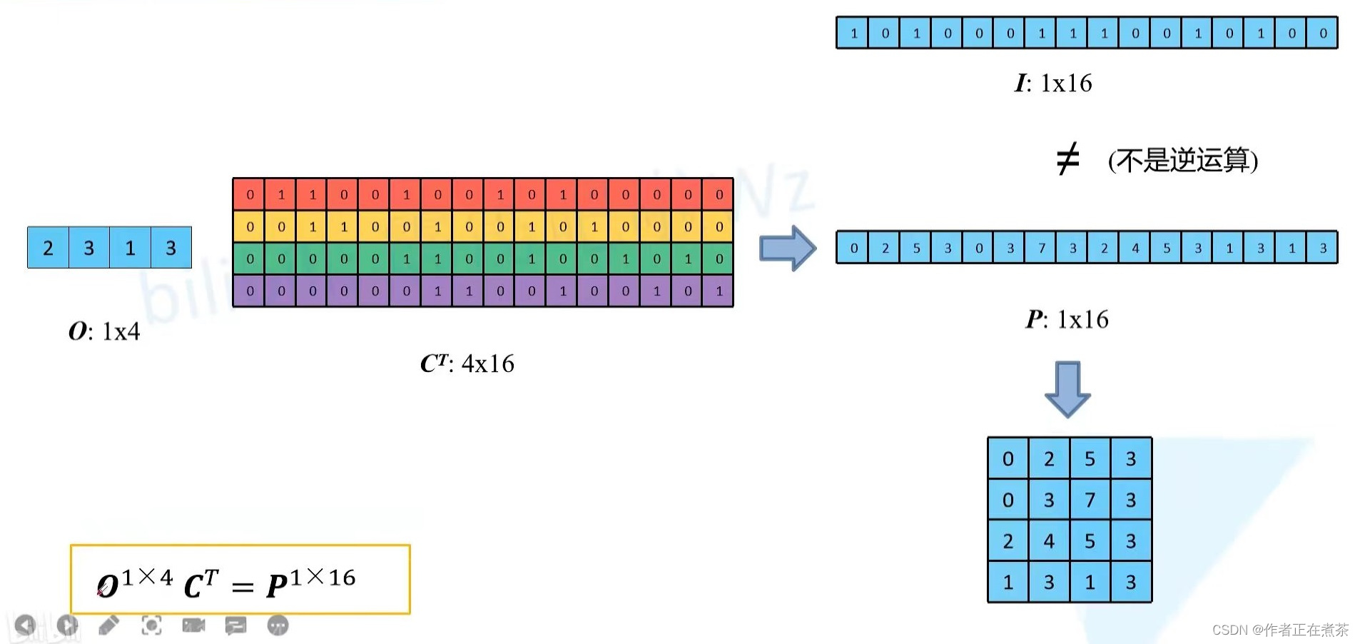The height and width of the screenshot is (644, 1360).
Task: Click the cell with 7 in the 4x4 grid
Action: [x=1090, y=500]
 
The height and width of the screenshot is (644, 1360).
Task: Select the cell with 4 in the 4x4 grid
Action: [x=1049, y=541]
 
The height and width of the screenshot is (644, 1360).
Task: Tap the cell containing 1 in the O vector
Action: [x=130, y=248]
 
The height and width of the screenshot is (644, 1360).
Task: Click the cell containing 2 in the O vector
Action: [x=48, y=248]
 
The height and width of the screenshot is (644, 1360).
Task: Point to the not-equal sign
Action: [x=1067, y=159]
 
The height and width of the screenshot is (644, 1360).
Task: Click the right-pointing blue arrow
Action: [x=788, y=248]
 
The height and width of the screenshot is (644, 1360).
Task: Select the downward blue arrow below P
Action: [x=1067, y=388]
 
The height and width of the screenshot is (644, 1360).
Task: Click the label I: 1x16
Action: [x=1053, y=84]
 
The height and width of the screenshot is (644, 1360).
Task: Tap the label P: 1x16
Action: [x=1067, y=319]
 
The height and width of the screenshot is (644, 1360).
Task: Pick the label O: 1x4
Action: [x=104, y=331]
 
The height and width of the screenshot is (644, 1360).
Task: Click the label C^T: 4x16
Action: [x=467, y=363]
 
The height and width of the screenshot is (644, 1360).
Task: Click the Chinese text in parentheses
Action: [x=1183, y=160]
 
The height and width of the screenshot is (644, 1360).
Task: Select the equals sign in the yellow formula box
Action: [x=243, y=588]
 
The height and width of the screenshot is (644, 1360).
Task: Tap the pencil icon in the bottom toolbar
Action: [x=108, y=626]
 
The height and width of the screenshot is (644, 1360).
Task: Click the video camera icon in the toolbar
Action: [x=193, y=626]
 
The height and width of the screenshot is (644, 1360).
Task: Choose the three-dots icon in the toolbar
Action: [x=278, y=626]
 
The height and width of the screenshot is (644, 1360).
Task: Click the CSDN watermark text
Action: [x=1280, y=630]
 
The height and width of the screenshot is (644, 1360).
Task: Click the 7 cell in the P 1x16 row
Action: [x=1042, y=248]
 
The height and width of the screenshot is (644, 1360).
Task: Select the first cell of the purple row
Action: [x=250, y=291]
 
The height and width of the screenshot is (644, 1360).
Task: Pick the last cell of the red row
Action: [x=719, y=194]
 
